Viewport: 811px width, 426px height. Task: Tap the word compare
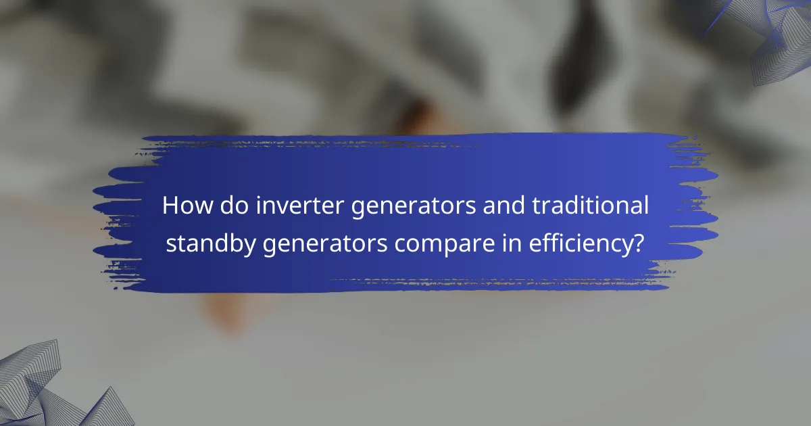click(x=428, y=245)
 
